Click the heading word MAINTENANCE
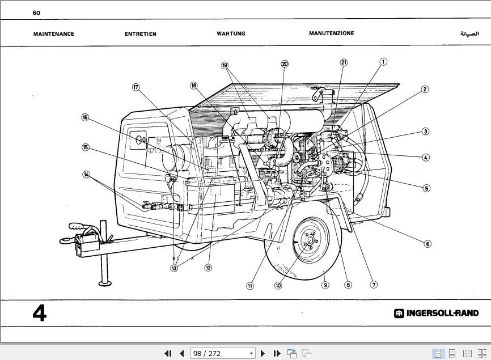tap(54, 34)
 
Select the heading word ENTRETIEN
tap(140, 34)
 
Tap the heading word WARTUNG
tap(231, 33)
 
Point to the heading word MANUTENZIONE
tap(331, 33)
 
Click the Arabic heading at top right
tap(469, 33)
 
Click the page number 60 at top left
tap(36, 13)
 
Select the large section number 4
tap(39, 313)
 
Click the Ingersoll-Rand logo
tap(436, 313)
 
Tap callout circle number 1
tap(383, 62)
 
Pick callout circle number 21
tap(344, 62)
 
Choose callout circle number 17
tap(136, 87)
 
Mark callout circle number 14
tap(86, 175)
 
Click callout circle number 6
tap(427, 244)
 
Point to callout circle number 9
tap(325, 285)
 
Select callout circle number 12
tap(208, 268)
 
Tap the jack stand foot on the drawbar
tap(104, 283)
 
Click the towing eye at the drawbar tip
tap(65, 241)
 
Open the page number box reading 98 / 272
tap(222, 353)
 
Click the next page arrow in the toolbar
tap(263, 353)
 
